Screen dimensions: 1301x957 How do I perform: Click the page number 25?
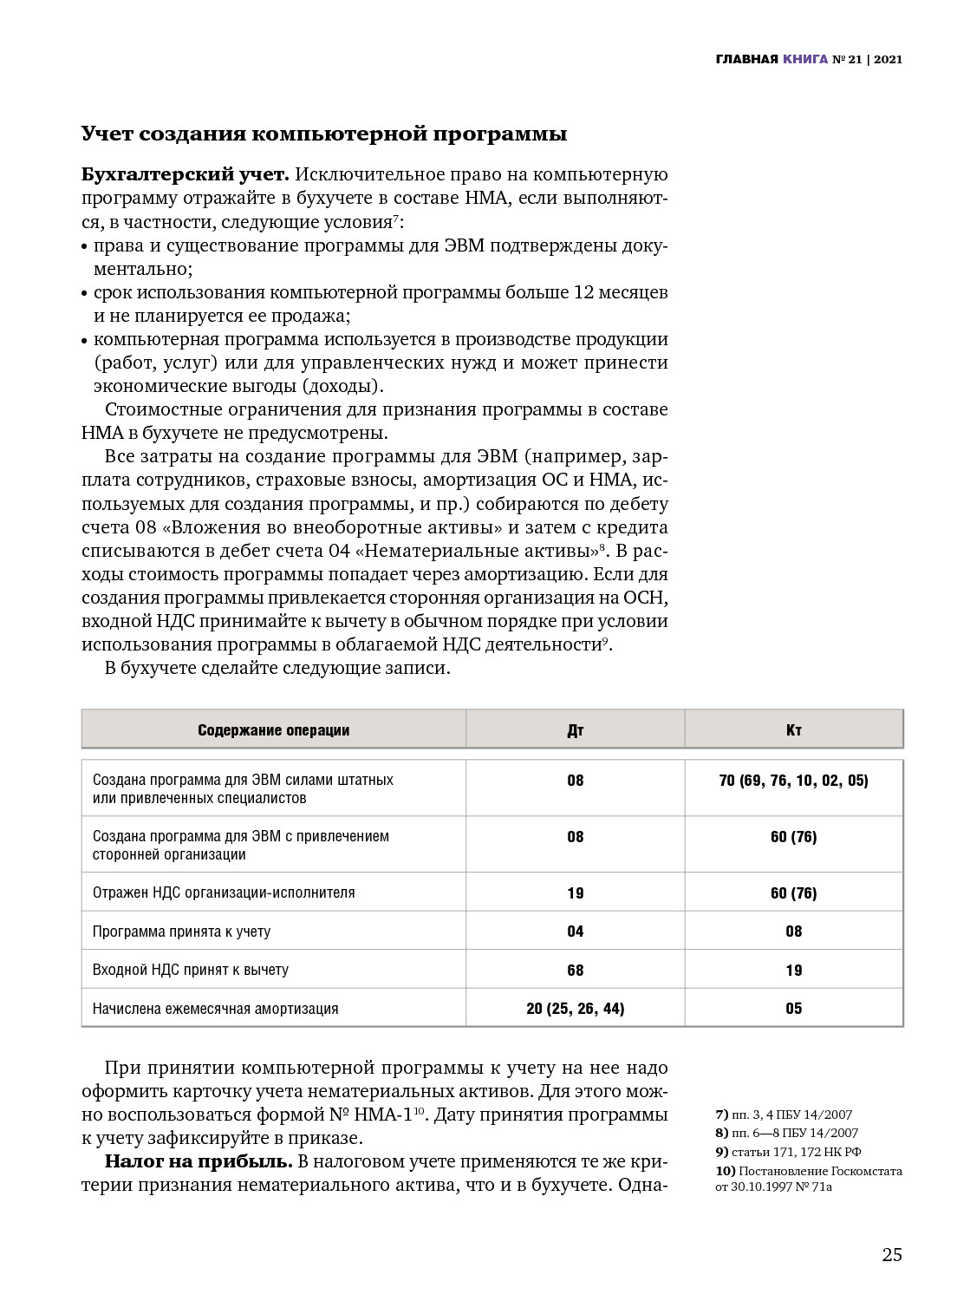coord(892,1255)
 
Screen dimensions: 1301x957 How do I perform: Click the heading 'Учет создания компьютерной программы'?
coord(324,134)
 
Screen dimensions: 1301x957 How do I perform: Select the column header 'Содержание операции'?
coord(273,730)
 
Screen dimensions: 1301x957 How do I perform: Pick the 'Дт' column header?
coord(576,730)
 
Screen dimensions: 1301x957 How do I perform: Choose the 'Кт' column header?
coord(794,730)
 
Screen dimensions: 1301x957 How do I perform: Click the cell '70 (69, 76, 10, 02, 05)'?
coord(794,781)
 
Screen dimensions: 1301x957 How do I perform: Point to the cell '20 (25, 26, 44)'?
coord(576,1009)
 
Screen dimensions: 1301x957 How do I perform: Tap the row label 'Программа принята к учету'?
coord(181,932)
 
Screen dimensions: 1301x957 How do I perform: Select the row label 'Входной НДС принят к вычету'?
coord(191,970)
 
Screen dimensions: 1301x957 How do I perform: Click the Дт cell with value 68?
coord(576,971)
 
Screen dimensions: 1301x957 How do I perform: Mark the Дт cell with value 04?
coord(576,932)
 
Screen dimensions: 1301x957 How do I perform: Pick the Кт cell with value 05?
coord(794,1009)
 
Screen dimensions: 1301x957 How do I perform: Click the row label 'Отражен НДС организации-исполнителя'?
coord(224,892)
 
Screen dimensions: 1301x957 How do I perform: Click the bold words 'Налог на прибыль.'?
coord(197,1161)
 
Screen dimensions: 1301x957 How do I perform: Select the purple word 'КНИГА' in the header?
coord(804,60)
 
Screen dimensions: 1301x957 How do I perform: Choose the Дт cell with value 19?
coord(576,893)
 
